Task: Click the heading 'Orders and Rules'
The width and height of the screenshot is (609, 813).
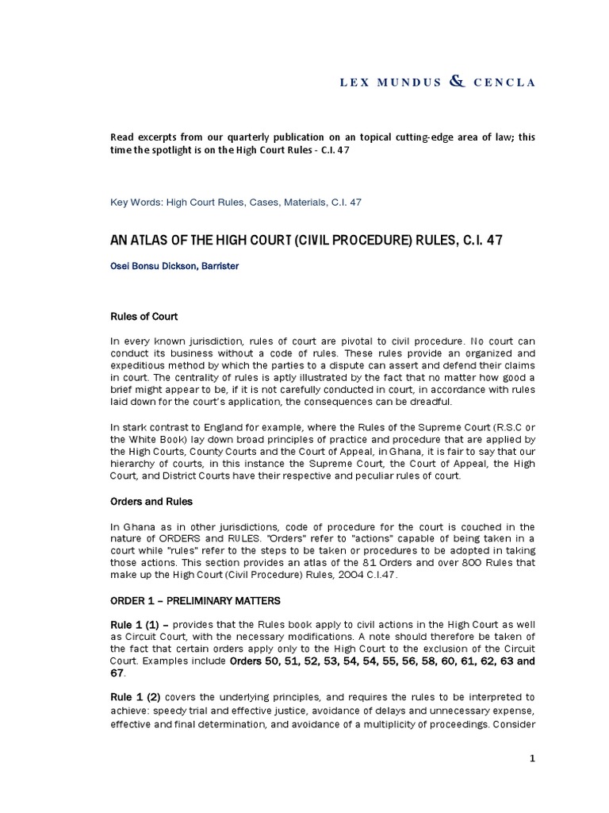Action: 151,502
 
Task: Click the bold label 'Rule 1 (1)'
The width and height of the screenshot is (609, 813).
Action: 134,625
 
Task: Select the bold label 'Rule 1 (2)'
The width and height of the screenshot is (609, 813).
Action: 134,696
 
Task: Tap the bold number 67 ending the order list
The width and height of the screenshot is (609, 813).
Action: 117,672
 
